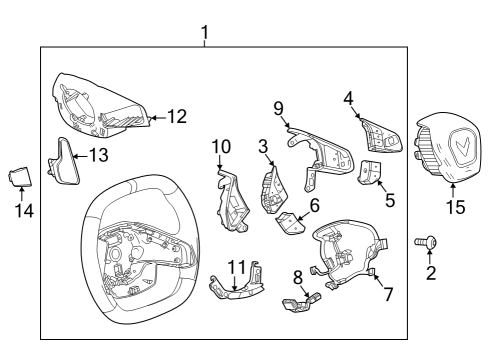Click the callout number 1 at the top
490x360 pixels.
[204, 33]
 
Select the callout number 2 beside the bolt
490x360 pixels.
[431, 273]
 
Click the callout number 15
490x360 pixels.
[456, 208]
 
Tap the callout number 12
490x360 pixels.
[176, 117]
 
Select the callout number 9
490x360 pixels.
[279, 108]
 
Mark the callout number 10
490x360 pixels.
[221, 148]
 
